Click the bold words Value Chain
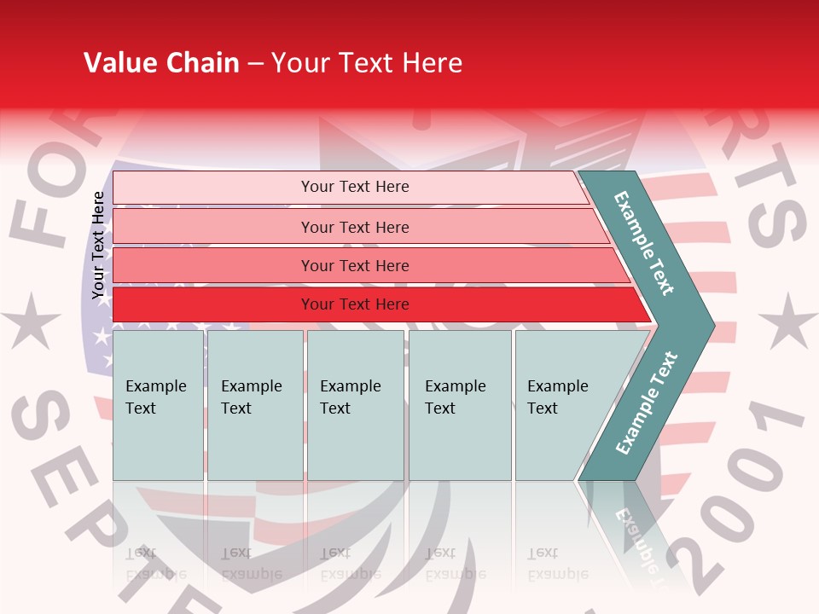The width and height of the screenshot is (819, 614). coord(161,63)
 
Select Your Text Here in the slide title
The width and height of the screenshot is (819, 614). coord(367,63)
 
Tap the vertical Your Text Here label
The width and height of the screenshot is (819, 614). coord(98,246)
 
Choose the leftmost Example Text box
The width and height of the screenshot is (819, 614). coord(158,405)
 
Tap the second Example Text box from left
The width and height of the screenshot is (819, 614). coord(254,405)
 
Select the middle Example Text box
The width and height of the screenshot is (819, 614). coord(355,405)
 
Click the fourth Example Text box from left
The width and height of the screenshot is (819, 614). coord(460,405)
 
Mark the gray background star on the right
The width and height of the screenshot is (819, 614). coord(787,321)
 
